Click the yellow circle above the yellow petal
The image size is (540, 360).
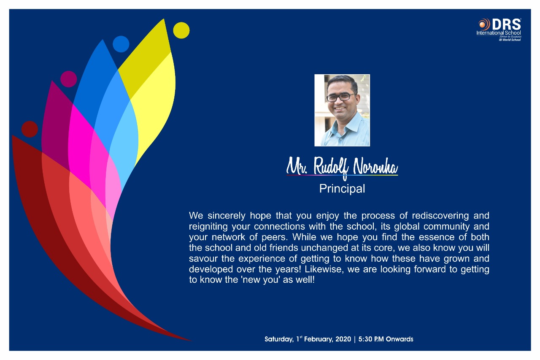(x=181, y=30)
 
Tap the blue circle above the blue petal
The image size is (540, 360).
(x=121, y=44)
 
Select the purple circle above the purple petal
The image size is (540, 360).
(x=68, y=79)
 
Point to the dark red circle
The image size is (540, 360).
(x=30, y=129)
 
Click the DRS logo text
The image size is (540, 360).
(x=507, y=24)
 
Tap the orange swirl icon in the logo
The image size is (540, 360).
(x=484, y=24)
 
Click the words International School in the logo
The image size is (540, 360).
(x=499, y=33)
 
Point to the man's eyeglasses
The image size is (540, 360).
(x=340, y=97)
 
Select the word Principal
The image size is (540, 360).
(x=342, y=189)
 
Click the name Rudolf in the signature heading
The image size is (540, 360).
(x=331, y=167)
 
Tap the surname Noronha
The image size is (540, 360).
(x=375, y=166)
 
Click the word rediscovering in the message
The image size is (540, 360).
(x=440, y=216)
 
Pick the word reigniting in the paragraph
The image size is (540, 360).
(x=208, y=227)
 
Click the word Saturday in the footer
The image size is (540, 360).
(x=279, y=339)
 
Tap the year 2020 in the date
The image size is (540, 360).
(x=343, y=339)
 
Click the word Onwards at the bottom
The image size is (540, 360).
(x=400, y=339)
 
